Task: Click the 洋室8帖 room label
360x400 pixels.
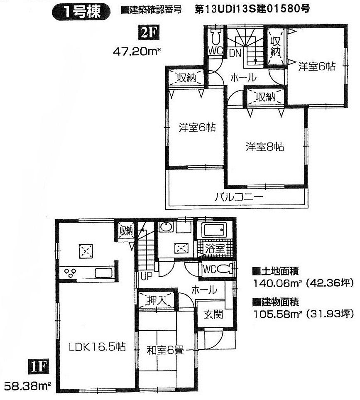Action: (264, 147)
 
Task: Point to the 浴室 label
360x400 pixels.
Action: (216, 248)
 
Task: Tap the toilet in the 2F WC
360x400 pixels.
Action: (215, 38)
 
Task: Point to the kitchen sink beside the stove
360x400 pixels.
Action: (103, 273)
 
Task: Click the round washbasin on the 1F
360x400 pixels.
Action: (166, 228)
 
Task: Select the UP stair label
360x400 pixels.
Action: (146, 275)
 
